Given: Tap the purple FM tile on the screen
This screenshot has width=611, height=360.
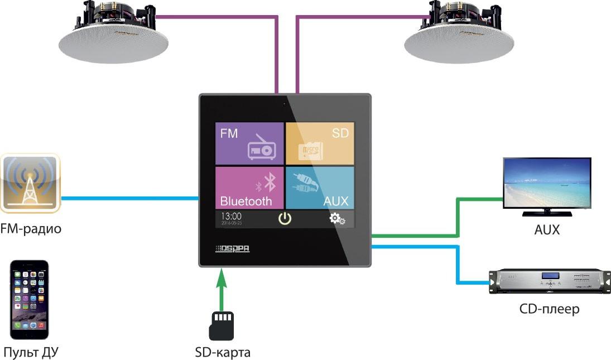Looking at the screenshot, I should (x=249, y=143).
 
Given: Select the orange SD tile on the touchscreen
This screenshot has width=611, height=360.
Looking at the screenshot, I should (x=319, y=143).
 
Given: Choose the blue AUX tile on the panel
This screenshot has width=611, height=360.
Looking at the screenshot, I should (x=319, y=188).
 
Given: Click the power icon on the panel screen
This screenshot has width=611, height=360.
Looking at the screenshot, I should (x=285, y=218).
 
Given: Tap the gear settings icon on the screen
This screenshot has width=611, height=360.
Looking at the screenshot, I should (x=337, y=218).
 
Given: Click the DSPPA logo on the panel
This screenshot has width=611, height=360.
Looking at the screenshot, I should (x=232, y=248).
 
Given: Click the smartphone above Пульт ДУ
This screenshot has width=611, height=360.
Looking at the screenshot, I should (x=30, y=299).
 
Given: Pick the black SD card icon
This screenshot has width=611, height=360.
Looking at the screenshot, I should (x=222, y=325).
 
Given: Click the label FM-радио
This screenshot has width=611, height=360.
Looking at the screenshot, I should (x=31, y=229).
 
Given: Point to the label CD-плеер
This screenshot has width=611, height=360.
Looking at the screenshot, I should (x=549, y=309).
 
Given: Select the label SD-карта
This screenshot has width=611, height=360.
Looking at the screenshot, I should (x=223, y=352).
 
